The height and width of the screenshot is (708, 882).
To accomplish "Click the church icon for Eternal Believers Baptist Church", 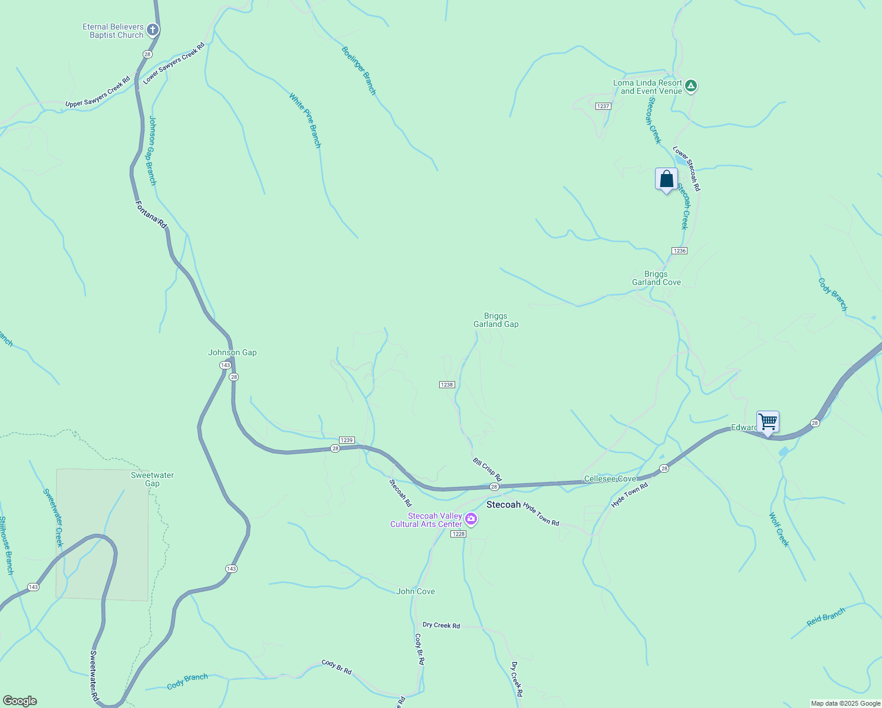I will (x=152, y=29).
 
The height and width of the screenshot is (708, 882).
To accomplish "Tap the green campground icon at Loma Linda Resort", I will (x=691, y=86).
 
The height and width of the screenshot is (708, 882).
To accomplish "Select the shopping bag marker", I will (x=666, y=179).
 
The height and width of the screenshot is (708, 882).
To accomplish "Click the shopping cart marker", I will (x=768, y=422).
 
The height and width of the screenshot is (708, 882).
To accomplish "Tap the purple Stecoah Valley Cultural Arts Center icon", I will (x=470, y=519).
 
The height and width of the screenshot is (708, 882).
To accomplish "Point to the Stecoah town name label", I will (x=503, y=505).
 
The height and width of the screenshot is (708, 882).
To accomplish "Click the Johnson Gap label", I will (x=232, y=352).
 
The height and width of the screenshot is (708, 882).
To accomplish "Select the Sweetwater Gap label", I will (x=152, y=479).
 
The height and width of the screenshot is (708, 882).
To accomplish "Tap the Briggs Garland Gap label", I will (x=496, y=320).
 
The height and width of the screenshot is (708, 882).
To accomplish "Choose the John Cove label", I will (x=415, y=591).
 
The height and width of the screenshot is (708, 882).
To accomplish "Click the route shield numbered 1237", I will (x=603, y=106).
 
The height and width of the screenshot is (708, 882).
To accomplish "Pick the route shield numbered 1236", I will (x=679, y=251).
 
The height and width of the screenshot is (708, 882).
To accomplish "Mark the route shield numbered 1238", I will (x=447, y=385).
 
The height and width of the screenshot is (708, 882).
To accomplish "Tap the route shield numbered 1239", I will (x=347, y=440).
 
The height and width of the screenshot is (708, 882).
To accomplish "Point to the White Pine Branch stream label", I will (x=305, y=120).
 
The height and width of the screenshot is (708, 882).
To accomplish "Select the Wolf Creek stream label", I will (x=778, y=530).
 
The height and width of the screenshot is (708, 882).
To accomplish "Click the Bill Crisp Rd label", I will (x=487, y=469).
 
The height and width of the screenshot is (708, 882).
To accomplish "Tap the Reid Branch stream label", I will (x=825, y=617).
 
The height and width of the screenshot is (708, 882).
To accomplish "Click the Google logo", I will (x=19, y=701).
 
